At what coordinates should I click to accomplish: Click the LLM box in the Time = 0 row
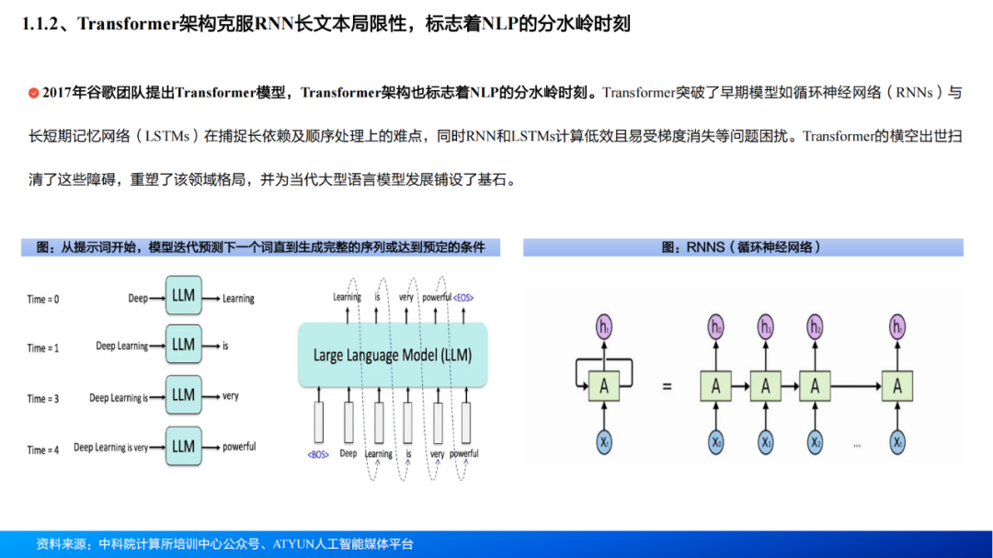[x=183, y=296]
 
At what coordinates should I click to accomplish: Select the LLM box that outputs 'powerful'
[x=183, y=447]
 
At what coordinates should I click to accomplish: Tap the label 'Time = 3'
[x=43, y=399]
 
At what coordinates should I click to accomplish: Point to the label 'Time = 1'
[x=43, y=348]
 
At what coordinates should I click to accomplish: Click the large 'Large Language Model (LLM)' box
[x=392, y=355]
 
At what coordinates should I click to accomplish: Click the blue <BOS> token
[x=319, y=454]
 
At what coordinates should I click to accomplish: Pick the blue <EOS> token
[x=463, y=298]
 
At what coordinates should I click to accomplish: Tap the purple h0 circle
[x=716, y=325]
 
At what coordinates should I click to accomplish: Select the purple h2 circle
[x=815, y=325]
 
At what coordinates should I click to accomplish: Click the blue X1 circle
[x=766, y=442]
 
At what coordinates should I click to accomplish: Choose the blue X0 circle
[x=716, y=442]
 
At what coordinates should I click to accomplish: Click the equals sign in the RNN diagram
[x=667, y=386]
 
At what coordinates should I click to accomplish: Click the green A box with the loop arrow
[x=603, y=386]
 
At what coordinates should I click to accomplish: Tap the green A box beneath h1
[x=766, y=386]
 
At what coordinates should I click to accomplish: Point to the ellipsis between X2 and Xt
[x=856, y=445]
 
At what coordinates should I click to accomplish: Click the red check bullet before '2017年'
[x=34, y=93]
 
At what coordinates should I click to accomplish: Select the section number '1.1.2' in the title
[x=43, y=24]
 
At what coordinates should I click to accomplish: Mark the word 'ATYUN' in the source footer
[x=295, y=544]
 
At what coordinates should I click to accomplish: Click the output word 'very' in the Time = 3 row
[x=230, y=396]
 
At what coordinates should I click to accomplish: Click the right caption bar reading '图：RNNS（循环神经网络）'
[x=743, y=247]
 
